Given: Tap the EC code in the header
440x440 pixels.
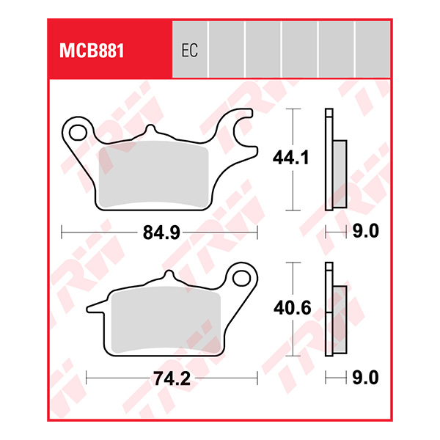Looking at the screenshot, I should click(x=189, y=51).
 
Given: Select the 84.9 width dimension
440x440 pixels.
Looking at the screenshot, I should click(x=161, y=233).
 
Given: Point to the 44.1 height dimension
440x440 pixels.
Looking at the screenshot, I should click(x=291, y=158).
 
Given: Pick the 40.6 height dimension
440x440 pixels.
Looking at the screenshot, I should click(x=292, y=309).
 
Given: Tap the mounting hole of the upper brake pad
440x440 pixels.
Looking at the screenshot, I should click(x=78, y=132).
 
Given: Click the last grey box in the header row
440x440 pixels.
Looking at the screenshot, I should click(x=372, y=49).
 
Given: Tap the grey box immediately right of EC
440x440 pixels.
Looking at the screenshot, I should click(x=226, y=49).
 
